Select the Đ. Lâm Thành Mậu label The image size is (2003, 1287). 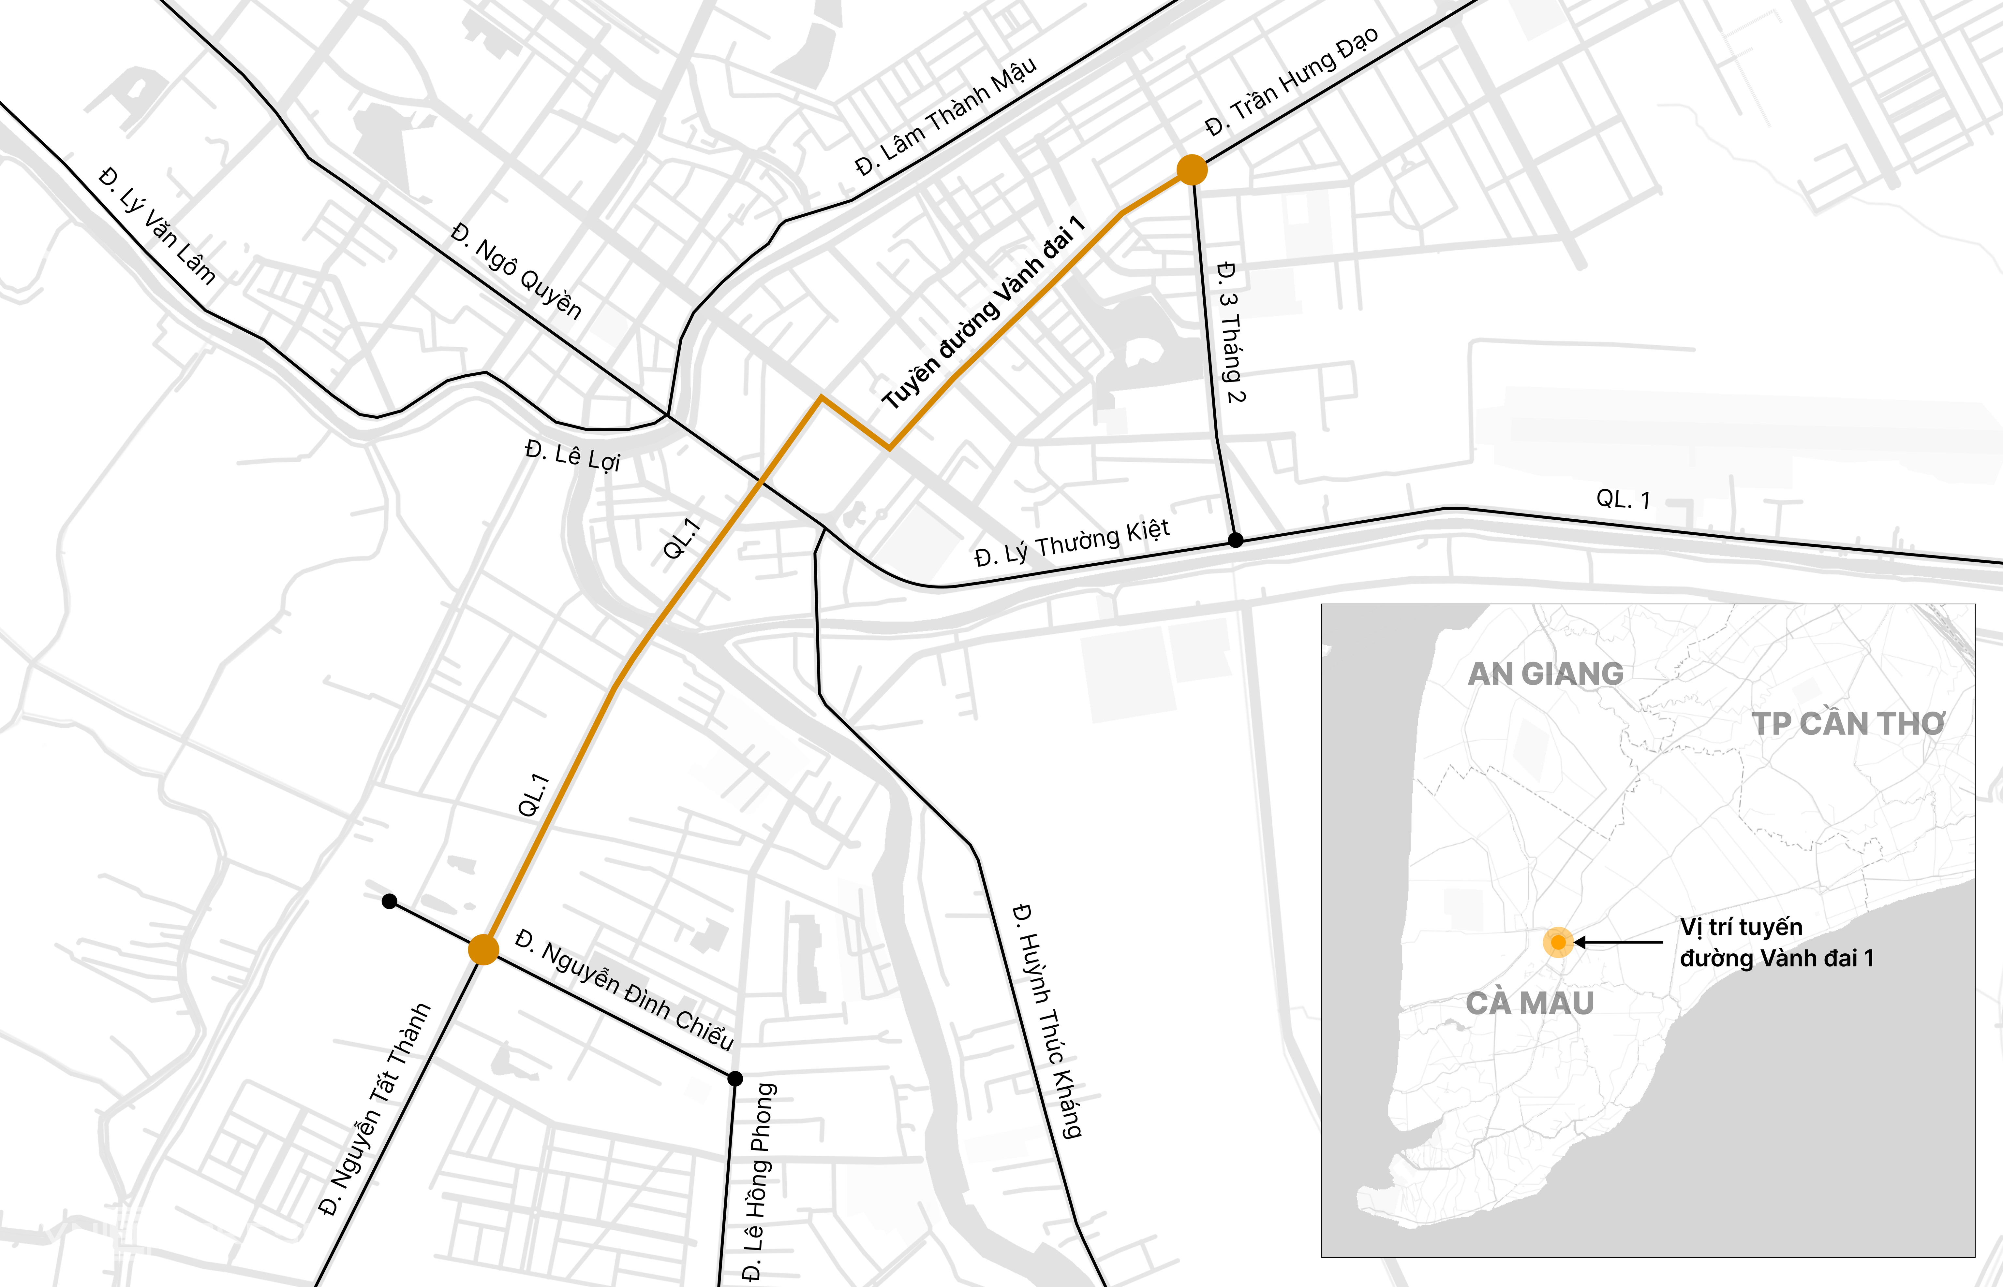tap(945, 116)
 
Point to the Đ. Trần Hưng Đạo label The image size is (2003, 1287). tap(1292, 81)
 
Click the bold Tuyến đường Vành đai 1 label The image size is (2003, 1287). tap(983, 312)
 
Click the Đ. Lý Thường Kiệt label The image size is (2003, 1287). tap(1072, 543)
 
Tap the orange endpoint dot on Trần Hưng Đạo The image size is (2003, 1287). tap(1191, 170)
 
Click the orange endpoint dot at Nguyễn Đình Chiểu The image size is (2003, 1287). tap(483, 949)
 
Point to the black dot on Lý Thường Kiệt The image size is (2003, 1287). tap(1235, 541)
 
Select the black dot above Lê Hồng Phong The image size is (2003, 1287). tap(735, 1079)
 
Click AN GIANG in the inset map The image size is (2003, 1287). tap(1545, 673)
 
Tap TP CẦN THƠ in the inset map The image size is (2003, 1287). tap(1847, 724)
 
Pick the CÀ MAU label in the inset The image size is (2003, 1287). tap(1530, 1003)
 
